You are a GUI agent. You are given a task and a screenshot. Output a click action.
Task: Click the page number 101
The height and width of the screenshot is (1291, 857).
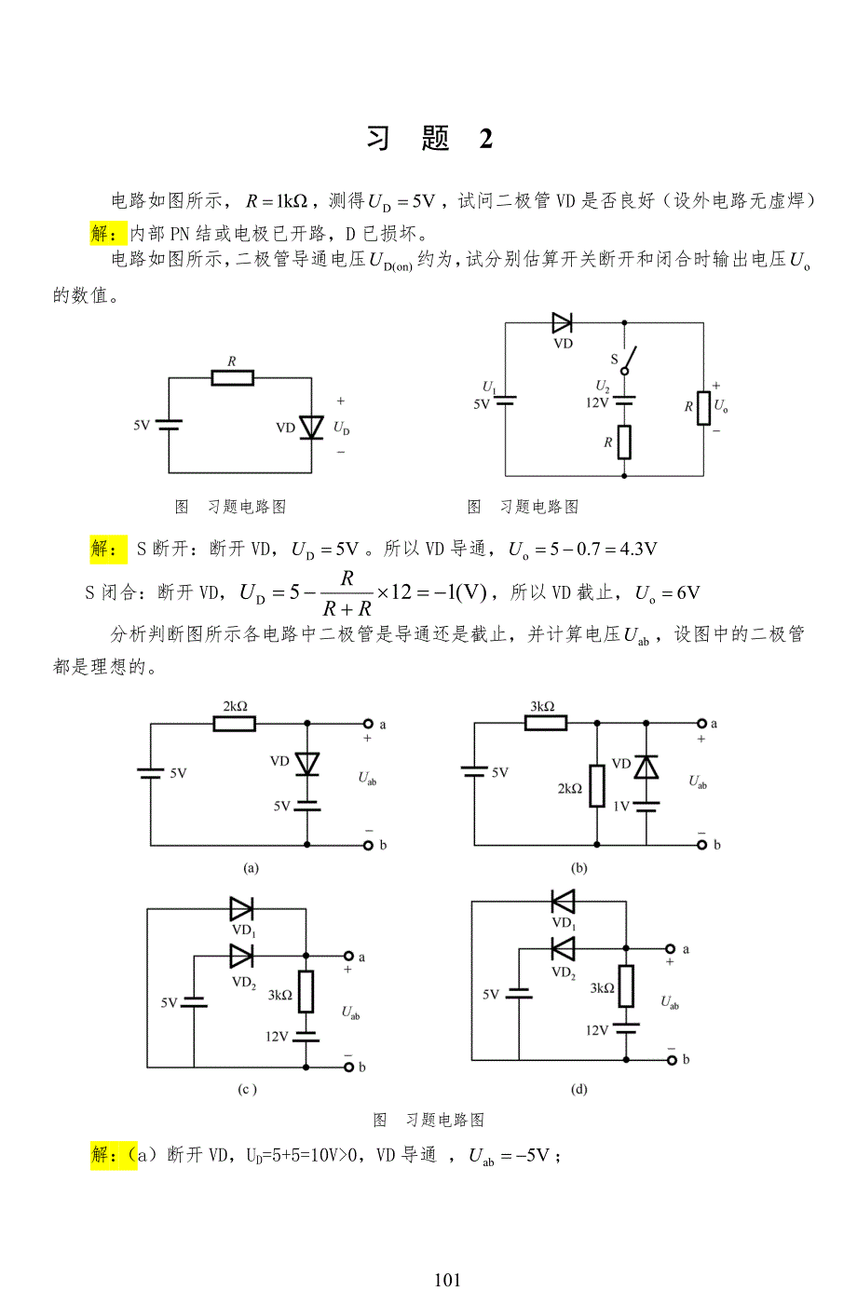point(447,1280)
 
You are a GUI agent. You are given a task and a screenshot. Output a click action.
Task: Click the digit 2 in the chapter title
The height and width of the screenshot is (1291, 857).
point(486,139)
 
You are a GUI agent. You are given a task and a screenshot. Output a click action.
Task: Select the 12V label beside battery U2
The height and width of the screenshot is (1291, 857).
point(597,402)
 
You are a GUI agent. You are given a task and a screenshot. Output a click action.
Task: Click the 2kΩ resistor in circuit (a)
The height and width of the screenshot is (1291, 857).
point(234,723)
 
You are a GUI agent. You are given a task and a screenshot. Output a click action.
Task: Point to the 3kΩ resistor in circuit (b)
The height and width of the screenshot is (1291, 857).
point(545,722)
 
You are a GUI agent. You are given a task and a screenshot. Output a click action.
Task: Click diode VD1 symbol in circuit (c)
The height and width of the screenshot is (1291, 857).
point(241,909)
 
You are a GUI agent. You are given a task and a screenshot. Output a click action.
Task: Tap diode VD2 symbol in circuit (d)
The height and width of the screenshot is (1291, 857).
point(563,949)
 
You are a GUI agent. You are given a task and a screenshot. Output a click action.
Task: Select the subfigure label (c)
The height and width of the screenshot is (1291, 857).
point(247,1089)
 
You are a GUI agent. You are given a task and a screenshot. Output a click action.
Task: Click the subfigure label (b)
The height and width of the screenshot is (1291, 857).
point(579,867)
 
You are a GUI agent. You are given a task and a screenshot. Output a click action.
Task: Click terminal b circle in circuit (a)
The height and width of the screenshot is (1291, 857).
point(368,846)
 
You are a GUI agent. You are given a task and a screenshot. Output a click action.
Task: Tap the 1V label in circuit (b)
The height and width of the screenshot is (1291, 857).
point(621,806)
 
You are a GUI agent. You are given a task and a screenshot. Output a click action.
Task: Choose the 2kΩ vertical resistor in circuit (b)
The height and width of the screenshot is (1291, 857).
point(597,785)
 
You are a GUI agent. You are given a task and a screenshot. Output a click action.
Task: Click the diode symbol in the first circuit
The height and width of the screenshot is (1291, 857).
point(311,428)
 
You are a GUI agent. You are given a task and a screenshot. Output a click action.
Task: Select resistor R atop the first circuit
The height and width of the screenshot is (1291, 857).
point(232,377)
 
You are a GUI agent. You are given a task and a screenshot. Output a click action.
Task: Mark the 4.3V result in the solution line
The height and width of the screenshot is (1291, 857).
point(637,550)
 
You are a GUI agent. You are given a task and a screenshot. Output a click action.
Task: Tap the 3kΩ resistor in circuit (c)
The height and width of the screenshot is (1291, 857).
point(306,991)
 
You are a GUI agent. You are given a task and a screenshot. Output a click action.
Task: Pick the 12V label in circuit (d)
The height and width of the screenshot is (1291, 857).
point(597,1030)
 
